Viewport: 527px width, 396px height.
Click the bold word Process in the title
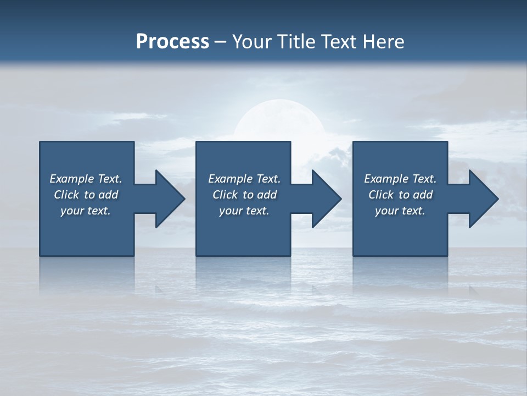[172, 42]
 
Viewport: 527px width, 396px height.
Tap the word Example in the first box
[72, 179]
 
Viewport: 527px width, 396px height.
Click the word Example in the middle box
[231, 179]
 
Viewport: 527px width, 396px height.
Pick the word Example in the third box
[386, 179]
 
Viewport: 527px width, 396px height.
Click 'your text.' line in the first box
[86, 211]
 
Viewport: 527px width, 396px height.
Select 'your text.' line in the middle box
[244, 211]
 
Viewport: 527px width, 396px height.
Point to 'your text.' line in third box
[400, 211]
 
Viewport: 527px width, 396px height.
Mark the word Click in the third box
[382, 195]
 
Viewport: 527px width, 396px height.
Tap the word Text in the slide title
[338, 42]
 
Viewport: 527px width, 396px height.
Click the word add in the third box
[423, 195]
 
